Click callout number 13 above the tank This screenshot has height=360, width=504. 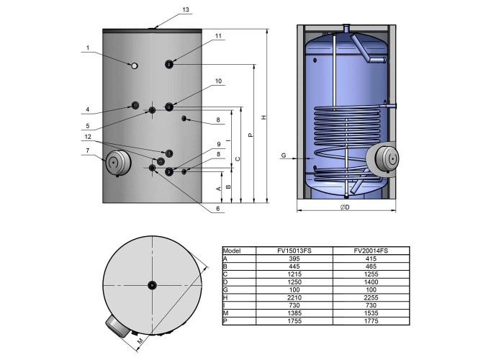tap(186, 9)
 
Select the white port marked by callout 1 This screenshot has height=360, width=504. tap(135, 66)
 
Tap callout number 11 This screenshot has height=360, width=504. tap(219, 36)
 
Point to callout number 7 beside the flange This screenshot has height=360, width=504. tap(87, 150)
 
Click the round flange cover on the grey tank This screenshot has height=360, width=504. tap(118, 163)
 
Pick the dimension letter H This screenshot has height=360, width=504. tap(264, 117)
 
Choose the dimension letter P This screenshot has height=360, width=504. tap(251, 135)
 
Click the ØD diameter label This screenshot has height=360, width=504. tap(345, 207)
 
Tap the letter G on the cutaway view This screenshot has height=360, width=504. tap(284, 156)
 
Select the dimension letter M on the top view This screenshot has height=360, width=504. tap(140, 341)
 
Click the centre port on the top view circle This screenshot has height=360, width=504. tap(152, 285)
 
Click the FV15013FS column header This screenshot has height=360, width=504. tap(294, 251)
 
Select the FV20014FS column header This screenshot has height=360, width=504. tap(371, 251)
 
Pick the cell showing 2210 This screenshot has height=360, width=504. tap(294, 297)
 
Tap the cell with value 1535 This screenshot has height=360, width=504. tap(371, 313)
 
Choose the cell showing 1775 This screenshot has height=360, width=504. tap(371, 321)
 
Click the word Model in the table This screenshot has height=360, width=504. tap(232, 251)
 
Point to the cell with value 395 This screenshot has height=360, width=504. tap(294, 258)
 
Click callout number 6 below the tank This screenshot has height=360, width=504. tap(218, 209)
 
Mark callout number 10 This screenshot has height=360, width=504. tap(219, 81)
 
